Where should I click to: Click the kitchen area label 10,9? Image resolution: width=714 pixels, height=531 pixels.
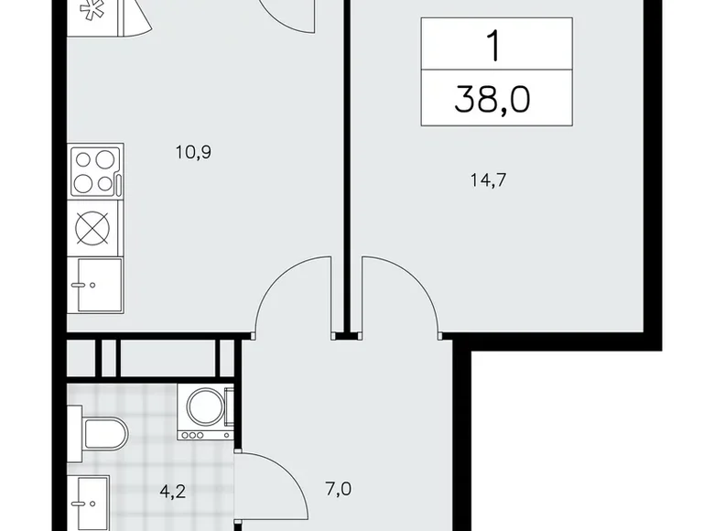193,151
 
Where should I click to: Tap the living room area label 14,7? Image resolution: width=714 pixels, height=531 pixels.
488,179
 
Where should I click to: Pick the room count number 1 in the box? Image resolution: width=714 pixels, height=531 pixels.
493,45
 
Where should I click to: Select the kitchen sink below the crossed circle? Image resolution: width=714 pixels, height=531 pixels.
95,285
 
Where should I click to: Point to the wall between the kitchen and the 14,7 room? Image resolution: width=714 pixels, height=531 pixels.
347,165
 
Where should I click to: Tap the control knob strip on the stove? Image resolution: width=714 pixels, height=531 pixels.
118,172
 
